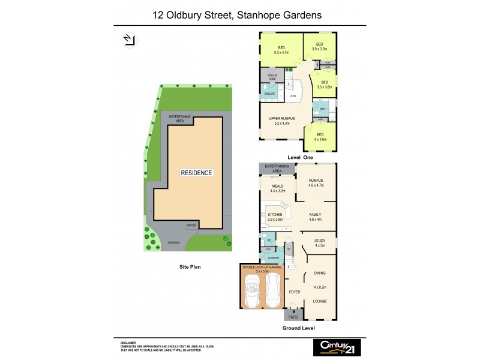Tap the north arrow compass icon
click(128, 40)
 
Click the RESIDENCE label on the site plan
click(197, 173)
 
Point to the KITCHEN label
click(275, 214)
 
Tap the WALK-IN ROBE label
click(272, 77)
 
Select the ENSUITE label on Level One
click(269, 94)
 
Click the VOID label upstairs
click(292, 96)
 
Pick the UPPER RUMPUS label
click(281, 118)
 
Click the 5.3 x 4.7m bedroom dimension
click(282, 52)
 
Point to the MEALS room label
click(277, 186)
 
